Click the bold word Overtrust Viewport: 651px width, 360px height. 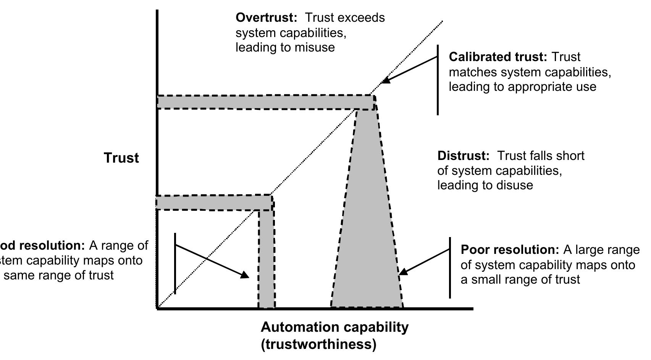pyautogui.click(x=266, y=18)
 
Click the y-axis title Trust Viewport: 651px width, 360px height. pyautogui.click(x=121, y=158)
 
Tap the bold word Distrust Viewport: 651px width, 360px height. pyautogui.click(x=463, y=156)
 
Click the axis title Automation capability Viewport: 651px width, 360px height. pyautogui.click(x=334, y=327)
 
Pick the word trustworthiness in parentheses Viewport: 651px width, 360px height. pyautogui.click(x=319, y=344)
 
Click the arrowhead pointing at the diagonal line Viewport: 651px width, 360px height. pyautogui.click(x=386, y=80)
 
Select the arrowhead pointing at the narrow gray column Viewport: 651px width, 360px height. pyautogui.click(x=244, y=275)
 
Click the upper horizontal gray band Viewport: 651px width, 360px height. pyautogui.click(x=263, y=102)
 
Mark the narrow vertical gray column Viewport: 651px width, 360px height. pyautogui.click(x=266, y=260)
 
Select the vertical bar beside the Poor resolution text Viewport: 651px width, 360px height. pyautogui.click(x=450, y=267)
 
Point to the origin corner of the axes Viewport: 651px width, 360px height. pyautogui.click(x=158, y=308)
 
